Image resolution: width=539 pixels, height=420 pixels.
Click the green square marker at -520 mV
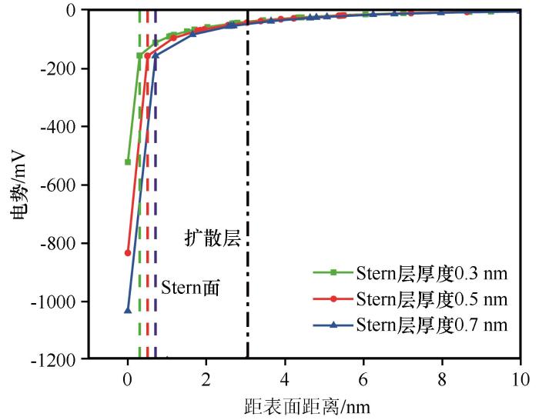[x=128, y=162]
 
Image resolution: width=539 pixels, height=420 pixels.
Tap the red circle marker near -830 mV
[x=128, y=252]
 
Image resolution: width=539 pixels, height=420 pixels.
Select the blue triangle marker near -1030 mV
[x=128, y=310]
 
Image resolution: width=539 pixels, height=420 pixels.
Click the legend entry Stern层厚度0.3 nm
[x=431, y=272]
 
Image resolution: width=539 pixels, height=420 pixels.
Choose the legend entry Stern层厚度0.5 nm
[x=431, y=298]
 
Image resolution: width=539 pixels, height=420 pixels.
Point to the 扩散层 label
[x=213, y=238]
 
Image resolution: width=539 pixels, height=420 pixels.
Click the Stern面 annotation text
[x=190, y=288]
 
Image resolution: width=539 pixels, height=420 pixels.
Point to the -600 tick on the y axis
[x=65, y=185]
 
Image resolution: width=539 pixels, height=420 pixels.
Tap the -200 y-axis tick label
[x=65, y=68]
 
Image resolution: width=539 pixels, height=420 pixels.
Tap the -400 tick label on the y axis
[x=65, y=127]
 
